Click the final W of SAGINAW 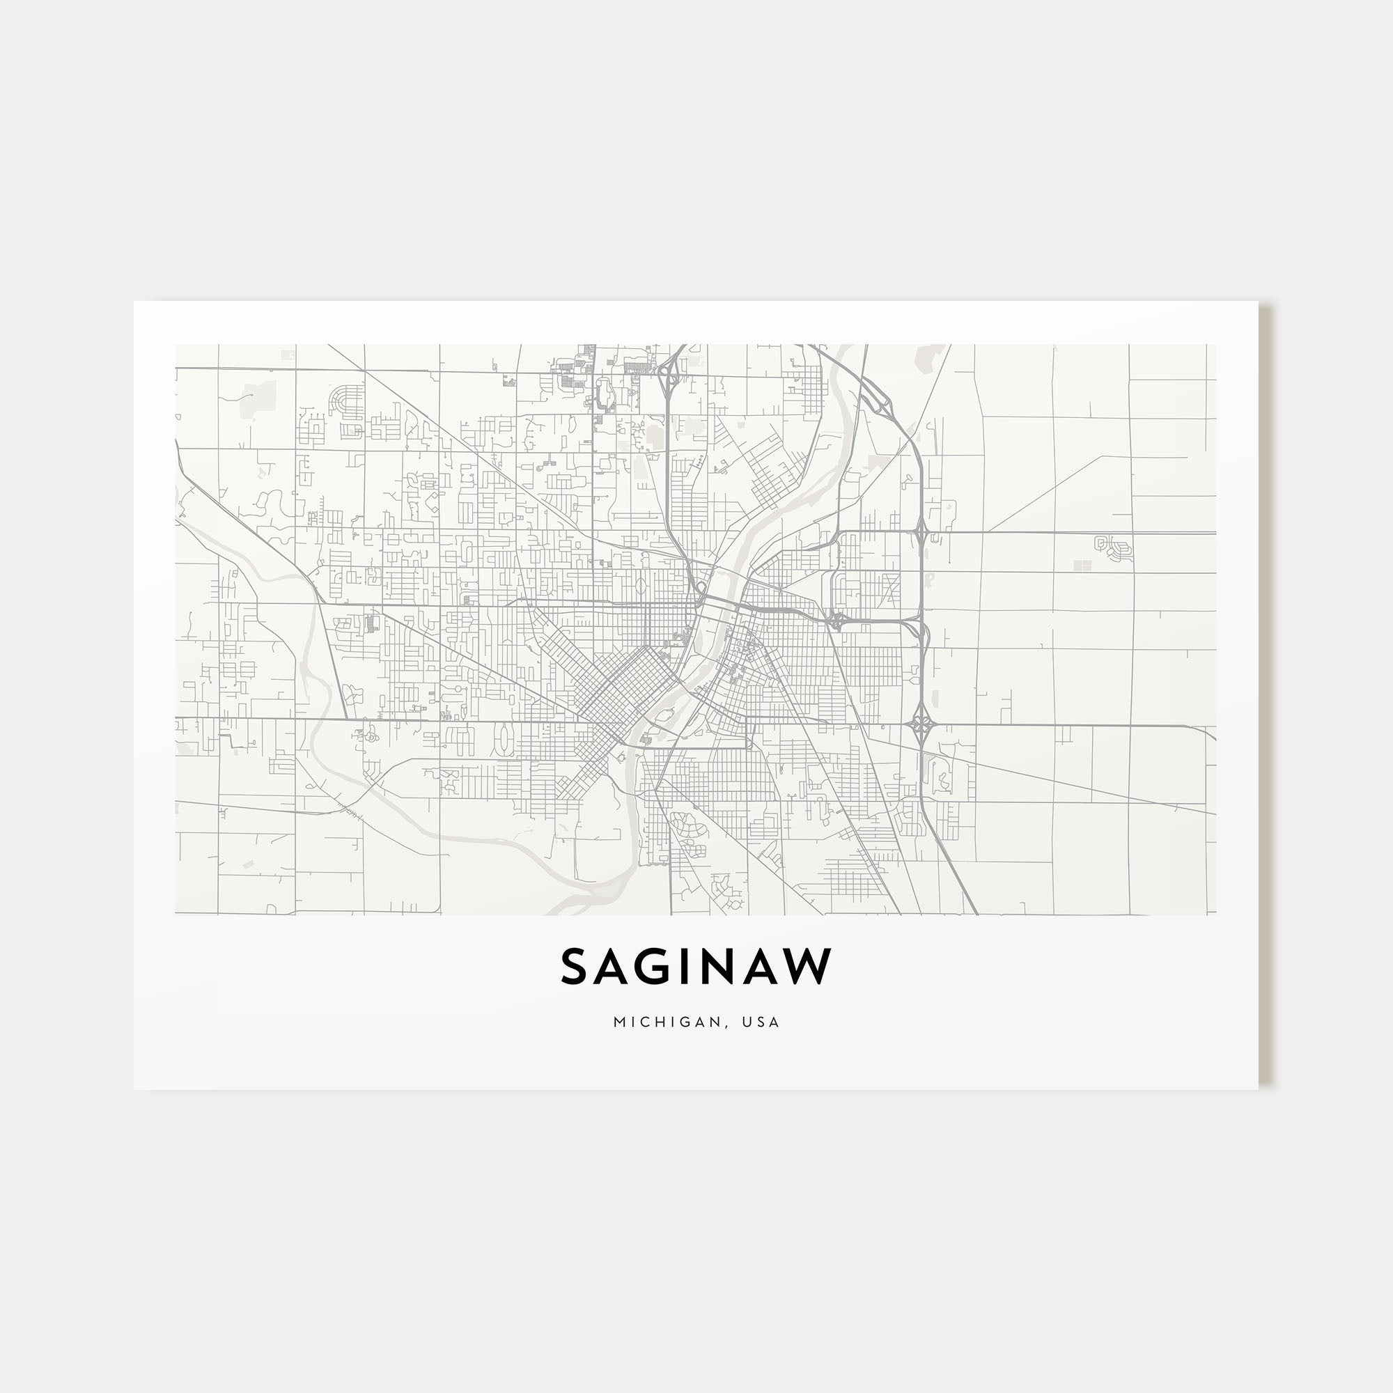(x=806, y=967)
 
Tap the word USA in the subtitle (x=763, y=1022)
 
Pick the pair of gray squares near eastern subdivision (x=1082, y=566)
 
